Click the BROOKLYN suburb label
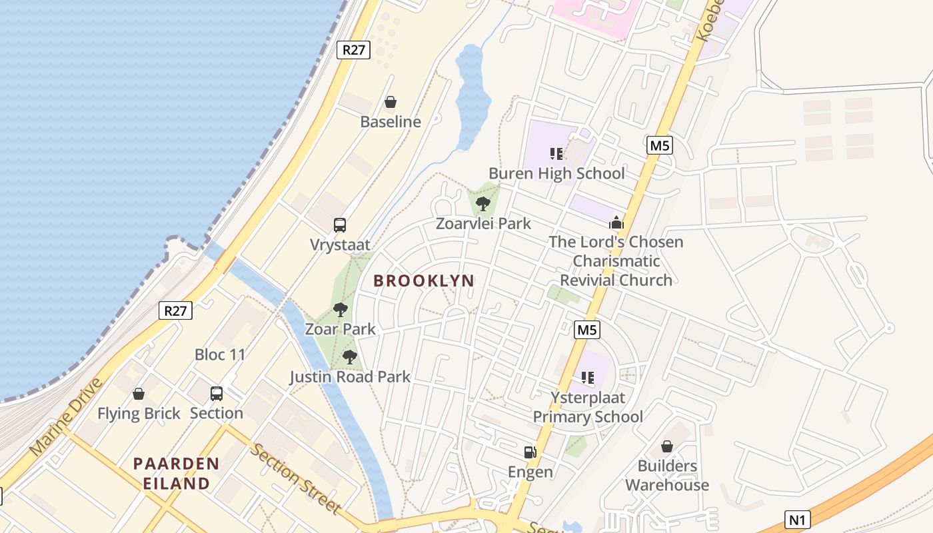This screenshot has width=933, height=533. pos(424,281)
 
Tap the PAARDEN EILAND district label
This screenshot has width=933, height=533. pos(176,473)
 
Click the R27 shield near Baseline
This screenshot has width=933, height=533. pos(353,50)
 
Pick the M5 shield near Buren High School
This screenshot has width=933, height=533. pos(659,145)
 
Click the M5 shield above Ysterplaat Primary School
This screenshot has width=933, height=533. pos(587,329)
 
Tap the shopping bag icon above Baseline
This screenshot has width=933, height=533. pos(391,102)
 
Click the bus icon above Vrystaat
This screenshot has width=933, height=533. pos(340,225)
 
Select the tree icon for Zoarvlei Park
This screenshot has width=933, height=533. pos(483,203)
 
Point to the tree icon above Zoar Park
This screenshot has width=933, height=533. pos(341,310)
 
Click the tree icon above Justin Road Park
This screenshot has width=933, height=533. pos(349,357)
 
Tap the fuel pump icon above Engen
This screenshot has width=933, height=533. pos(530,452)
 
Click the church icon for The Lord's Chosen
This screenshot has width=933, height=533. pos(616,223)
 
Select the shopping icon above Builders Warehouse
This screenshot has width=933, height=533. pos(666,446)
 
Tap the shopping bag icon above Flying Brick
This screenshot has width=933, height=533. pos(139,394)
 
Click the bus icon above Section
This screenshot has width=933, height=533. pos(217,394)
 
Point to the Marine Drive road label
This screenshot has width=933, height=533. pos(67,417)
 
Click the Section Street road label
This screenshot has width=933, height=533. pos(295,478)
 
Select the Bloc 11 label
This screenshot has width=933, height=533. pos(220,354)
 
